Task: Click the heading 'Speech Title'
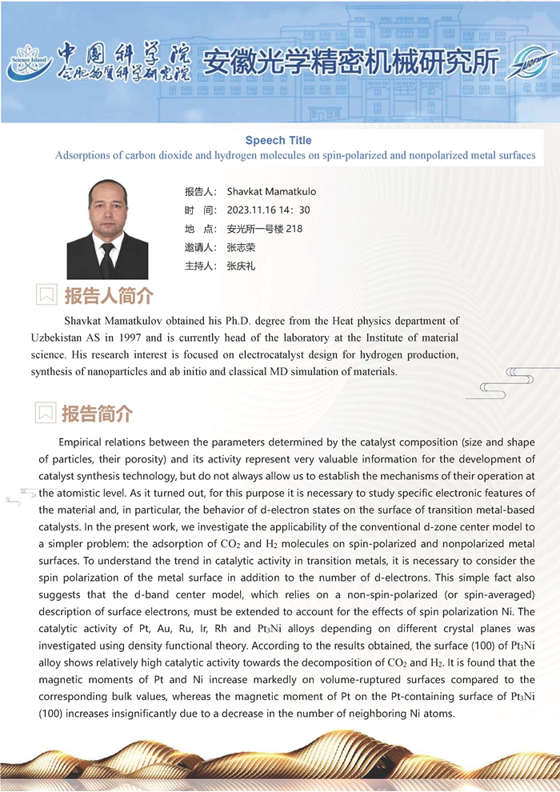(x=278, y=140)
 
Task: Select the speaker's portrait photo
(x=107, y=229)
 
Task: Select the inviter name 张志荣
(x=241, y=247)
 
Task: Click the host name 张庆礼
(x=241, y=266)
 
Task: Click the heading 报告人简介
(x=108, y=296)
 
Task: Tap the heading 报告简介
(x=97, y=414)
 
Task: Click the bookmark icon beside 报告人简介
(x=47, y=295)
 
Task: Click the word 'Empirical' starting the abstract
(x=86, y=442)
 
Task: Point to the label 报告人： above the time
(x=201, y=192)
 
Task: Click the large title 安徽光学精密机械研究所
(x=351, y=62)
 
